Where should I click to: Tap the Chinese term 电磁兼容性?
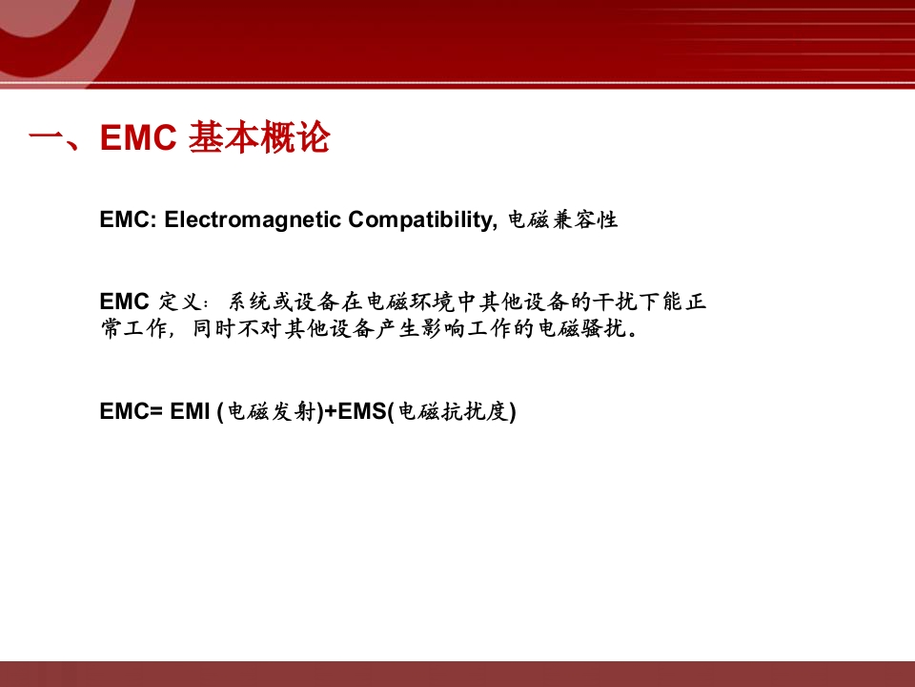[563, 220]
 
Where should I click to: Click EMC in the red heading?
[138, 137]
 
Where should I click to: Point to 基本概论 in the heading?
[259, 137]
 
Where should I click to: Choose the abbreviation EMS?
[362, 411]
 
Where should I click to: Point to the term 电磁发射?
[272, 411]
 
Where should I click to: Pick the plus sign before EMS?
[331, 412]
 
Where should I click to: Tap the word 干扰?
[614, 302]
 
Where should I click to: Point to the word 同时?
[213, 329]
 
